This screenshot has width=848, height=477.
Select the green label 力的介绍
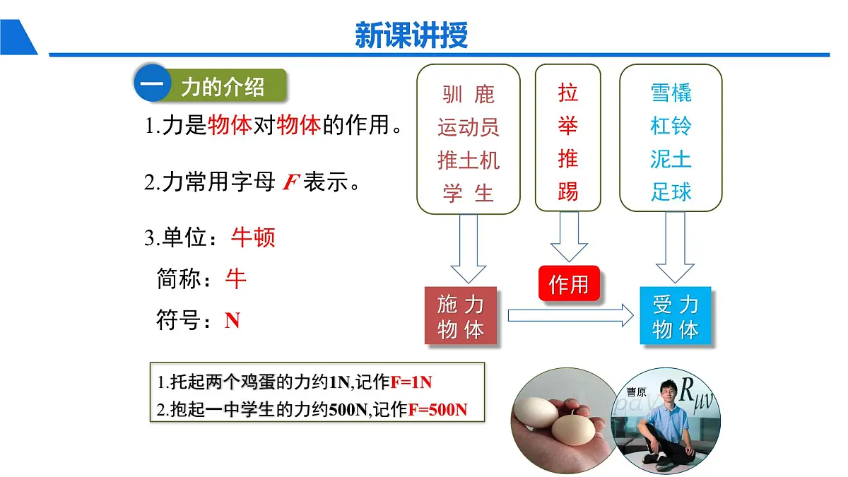(223, 87)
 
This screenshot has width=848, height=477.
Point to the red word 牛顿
(253, 237)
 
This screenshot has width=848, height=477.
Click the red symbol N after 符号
(232, 321)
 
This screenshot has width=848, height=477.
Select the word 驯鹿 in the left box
(468, 94)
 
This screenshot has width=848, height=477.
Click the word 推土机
(468, 160)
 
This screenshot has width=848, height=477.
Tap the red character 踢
(567, 191)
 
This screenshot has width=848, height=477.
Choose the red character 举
(567, 126)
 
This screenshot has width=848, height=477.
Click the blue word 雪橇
(671, 93)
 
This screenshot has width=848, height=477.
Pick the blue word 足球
(671, 192)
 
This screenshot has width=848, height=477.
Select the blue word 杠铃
(671, 126)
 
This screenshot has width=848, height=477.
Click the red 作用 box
(569, 283)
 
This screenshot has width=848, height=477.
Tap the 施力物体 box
(461, 317)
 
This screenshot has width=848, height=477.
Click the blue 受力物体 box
(676, 317)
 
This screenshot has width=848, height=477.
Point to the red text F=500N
(437, 410)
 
